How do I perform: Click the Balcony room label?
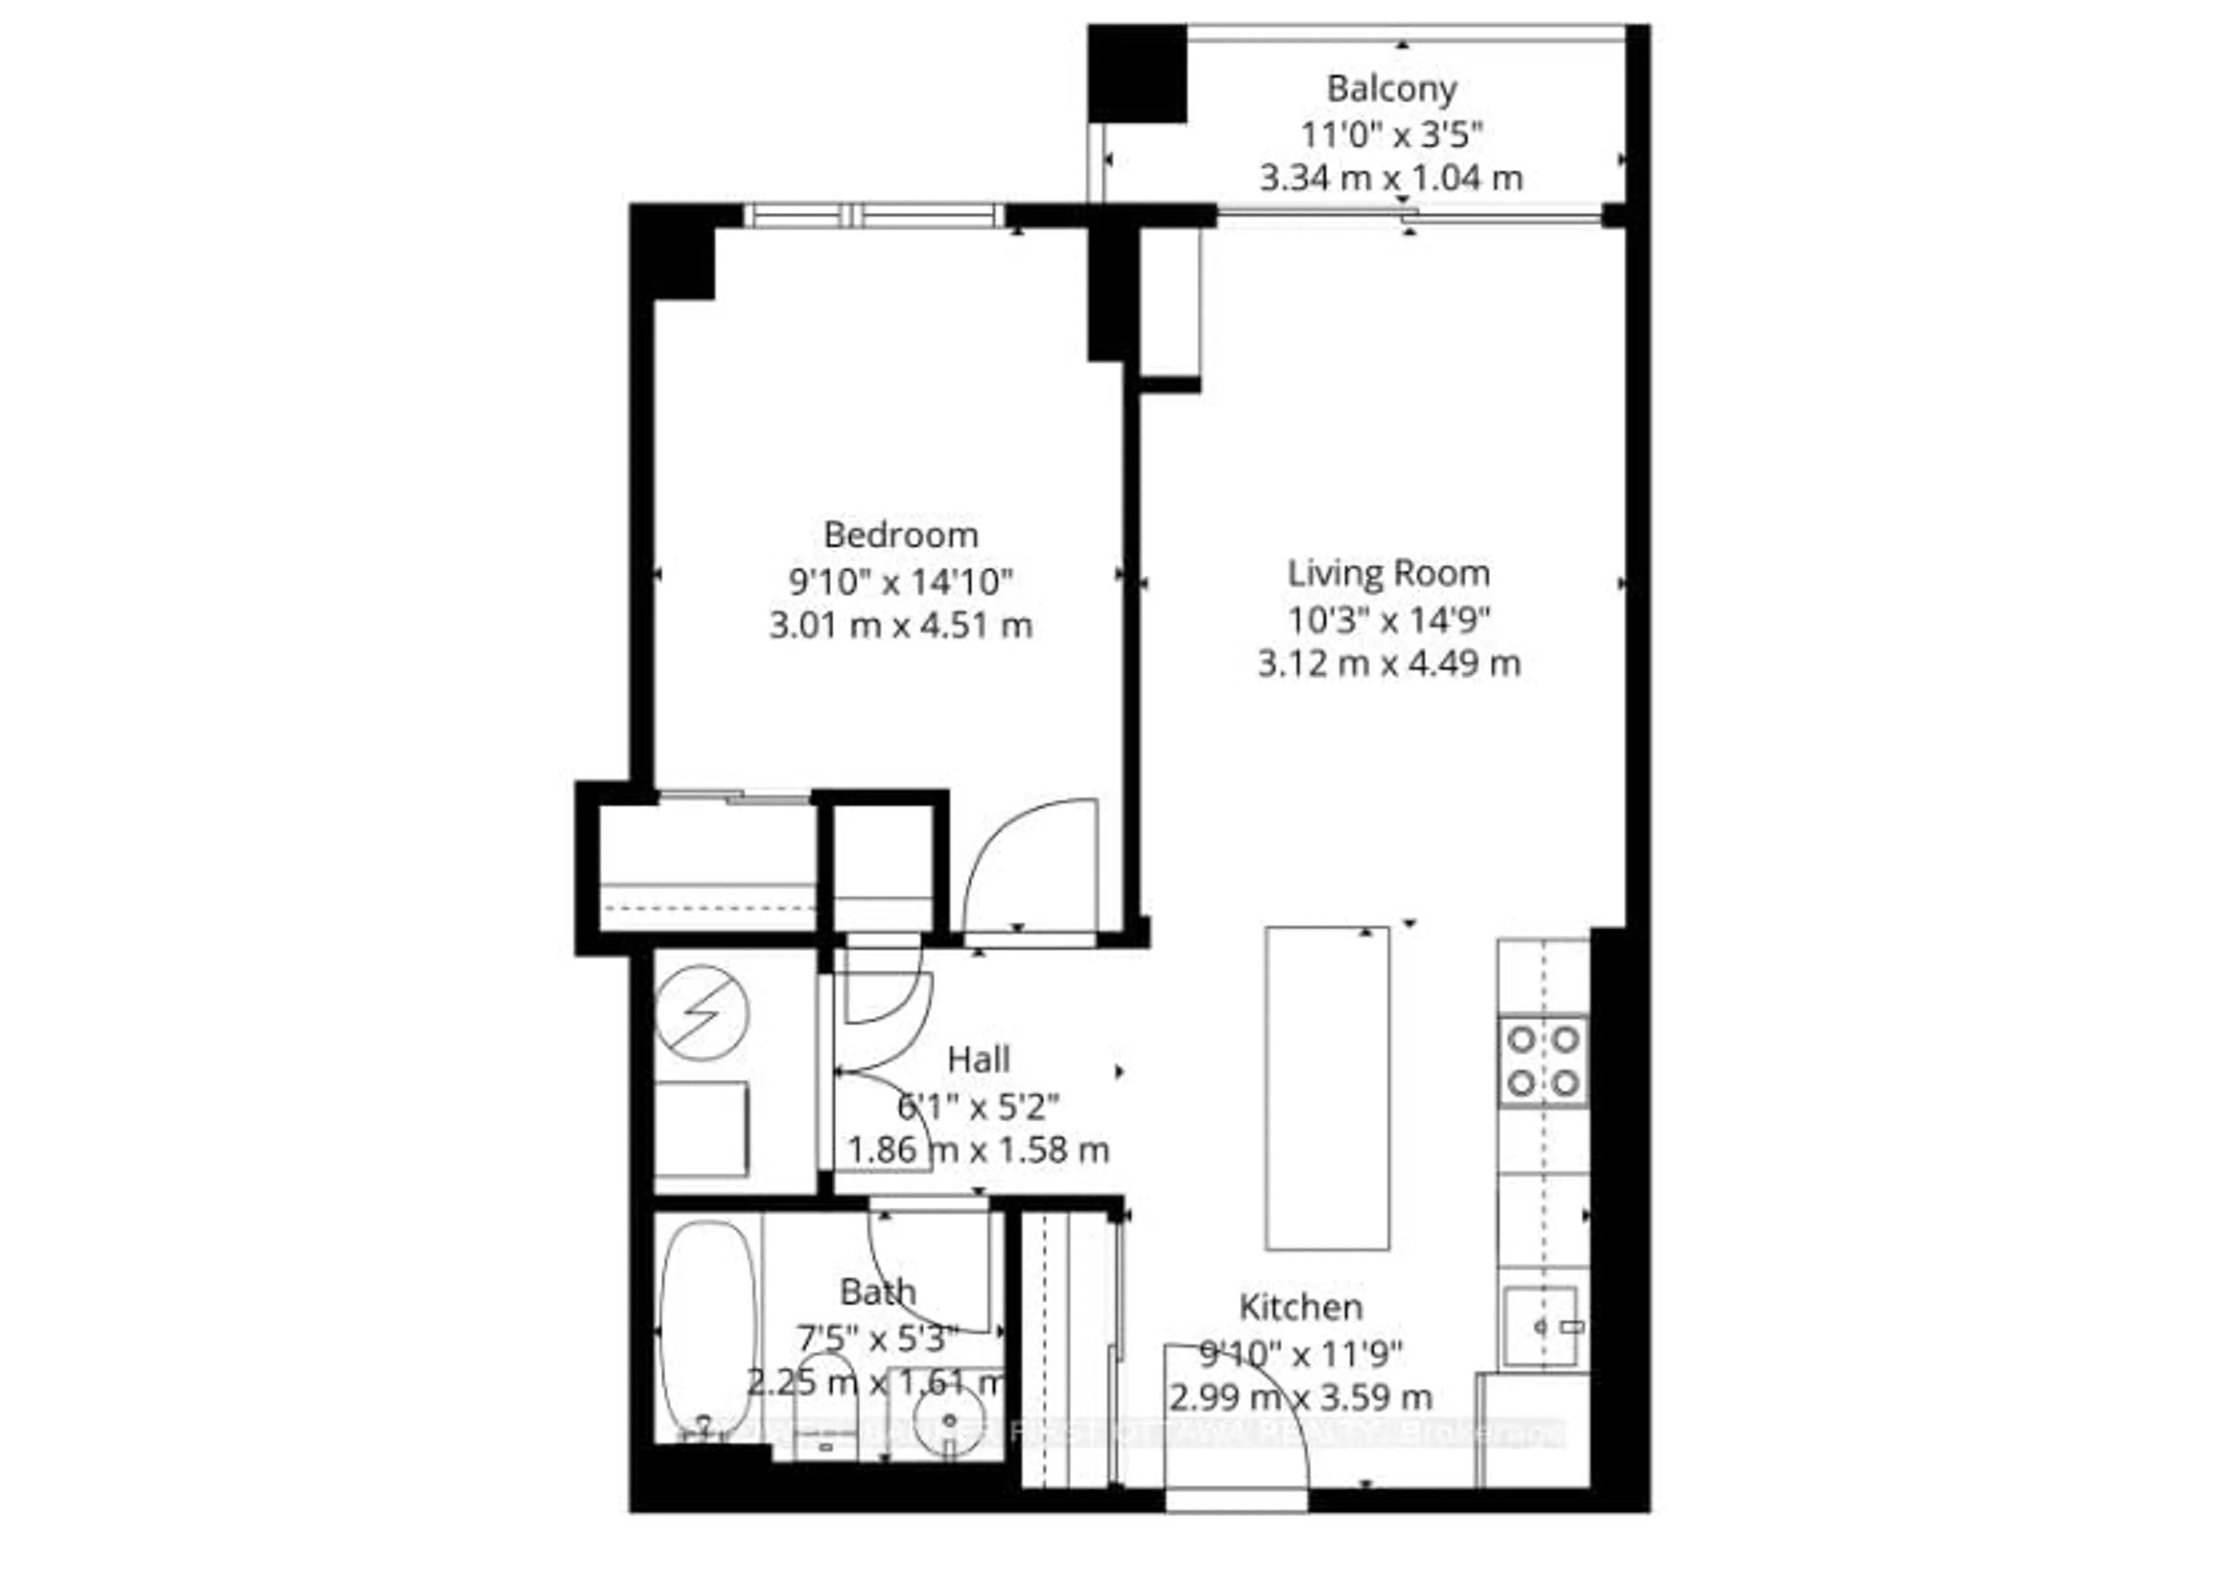pos(1391,88)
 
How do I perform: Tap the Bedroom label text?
pos(900,535)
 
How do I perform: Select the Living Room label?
pos(1388,573)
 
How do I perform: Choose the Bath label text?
pos(878,1292)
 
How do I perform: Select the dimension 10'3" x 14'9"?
pos(1388,619)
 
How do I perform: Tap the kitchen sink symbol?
pos(1539,1327)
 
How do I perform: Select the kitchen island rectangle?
pos(1327,1088)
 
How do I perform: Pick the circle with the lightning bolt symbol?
pos(701,1014)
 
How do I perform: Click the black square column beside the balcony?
pos(1137,74)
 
